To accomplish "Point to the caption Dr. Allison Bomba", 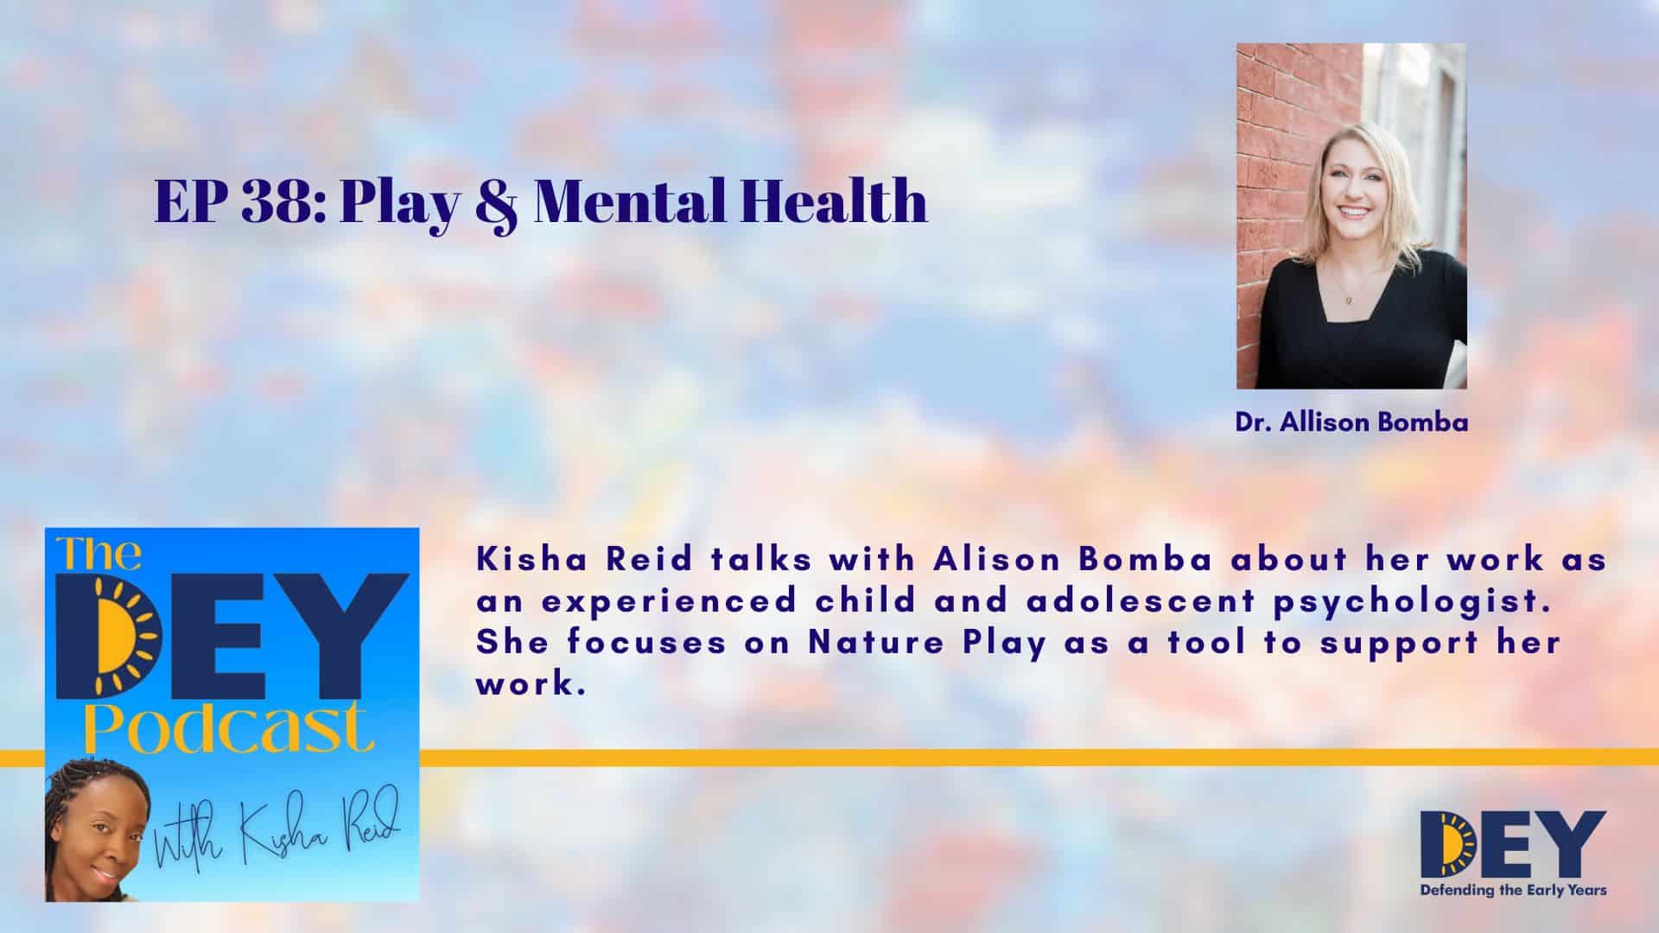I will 1351,423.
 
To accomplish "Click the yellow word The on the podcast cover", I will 100,554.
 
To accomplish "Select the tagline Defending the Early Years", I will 1513,889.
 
